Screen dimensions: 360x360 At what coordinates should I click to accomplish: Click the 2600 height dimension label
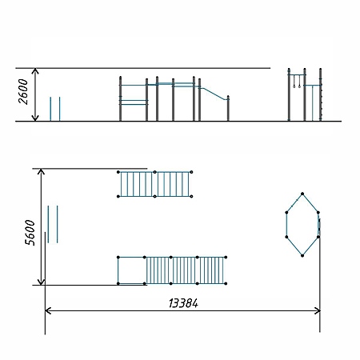23,91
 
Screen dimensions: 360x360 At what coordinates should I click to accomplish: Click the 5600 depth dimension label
30,233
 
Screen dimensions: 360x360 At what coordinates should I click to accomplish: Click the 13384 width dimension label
183,303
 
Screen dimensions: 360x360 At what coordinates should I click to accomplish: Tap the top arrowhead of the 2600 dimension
35,70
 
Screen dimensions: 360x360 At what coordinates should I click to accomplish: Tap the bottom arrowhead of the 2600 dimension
35,118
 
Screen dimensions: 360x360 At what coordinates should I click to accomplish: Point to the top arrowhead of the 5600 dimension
41,171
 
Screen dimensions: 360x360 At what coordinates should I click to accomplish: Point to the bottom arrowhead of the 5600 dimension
41,282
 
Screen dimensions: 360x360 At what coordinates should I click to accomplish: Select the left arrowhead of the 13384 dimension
47,311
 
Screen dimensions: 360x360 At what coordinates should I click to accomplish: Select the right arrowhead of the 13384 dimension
318,311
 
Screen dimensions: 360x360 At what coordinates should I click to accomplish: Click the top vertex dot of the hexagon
302,194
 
